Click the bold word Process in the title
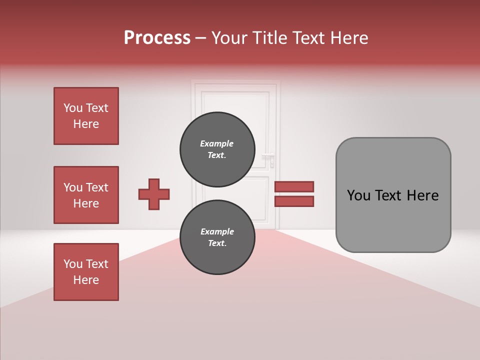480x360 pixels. coord(157,38)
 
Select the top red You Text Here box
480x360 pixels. coord(86,116)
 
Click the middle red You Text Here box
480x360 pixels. coord(86,195)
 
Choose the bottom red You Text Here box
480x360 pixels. coord(86,272)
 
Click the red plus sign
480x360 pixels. coord(154,194)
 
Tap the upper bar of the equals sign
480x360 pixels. coord(294,186)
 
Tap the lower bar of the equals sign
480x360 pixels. coord(294,201)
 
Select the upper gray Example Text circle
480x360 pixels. coord(216,149)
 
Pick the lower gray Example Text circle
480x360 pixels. coord(217,237)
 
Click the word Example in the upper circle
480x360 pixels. coord(216,143)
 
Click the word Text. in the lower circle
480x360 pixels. coord(217,243)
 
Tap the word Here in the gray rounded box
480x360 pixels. coord(422,195)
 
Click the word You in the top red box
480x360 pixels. coord(73,108)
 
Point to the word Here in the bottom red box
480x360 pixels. coord(86,280)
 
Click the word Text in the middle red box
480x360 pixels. coord(96,187)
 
